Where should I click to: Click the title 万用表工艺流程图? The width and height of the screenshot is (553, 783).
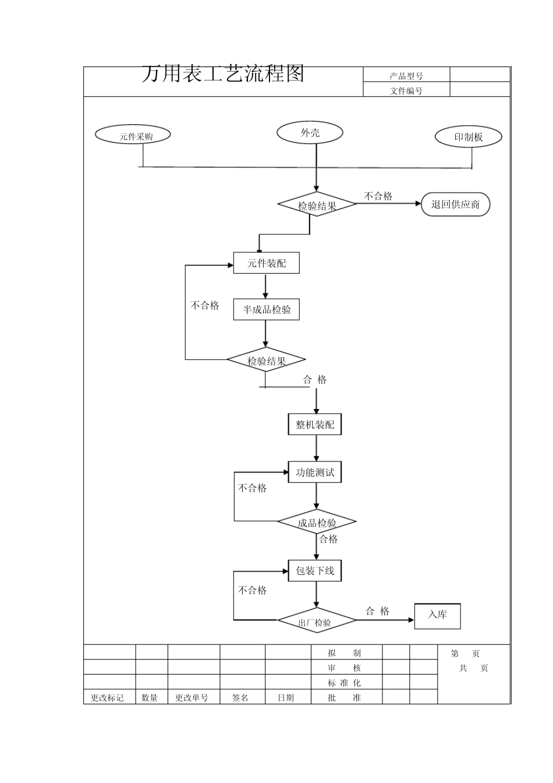[x=223, y=74]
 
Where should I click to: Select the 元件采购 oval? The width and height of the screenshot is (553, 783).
[x=133, y=135]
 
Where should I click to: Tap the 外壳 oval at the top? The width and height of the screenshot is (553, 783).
[x=310, y=133]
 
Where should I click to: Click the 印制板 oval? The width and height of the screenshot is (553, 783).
[x=469, y=137]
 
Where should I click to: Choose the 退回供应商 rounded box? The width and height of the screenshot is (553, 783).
[x=455, y=204]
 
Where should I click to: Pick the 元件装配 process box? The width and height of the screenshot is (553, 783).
[x=267, y=263]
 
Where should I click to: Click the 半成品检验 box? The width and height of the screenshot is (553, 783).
[x=267, y=309]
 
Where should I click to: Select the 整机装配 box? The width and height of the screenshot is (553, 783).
[x=315, y=425]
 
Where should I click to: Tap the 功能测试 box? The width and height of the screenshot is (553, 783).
[x=315, y=472]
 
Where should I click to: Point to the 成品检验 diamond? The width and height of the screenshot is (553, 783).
[x=317, y=523]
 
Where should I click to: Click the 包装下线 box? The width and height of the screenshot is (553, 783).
[x=315, y=571]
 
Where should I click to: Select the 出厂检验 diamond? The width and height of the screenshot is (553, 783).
[x=316, y=622]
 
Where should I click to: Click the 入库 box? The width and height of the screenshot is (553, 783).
[x=437, y=616]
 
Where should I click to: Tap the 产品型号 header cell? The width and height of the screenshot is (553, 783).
[x=406, y=75]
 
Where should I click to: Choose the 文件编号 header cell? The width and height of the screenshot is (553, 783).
[x=406, y=90]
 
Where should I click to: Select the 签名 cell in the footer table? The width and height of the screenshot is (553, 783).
[x=240, y=697]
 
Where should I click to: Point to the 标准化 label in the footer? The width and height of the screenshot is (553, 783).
[x=344, y=683]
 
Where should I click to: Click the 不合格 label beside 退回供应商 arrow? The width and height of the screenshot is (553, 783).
[x=378, y=196]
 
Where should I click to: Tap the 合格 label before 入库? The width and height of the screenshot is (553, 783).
[x=377, y=611]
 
